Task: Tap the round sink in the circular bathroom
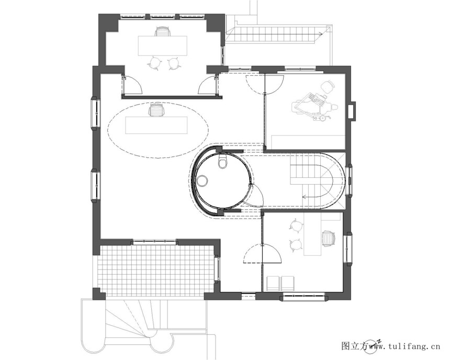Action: (203, 181)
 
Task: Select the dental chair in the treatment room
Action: (314, 105)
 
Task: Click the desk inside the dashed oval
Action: (156, 125)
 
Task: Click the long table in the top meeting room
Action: (162, 46)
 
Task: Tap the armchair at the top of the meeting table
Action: (162, 31)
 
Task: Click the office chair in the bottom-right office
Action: (329, 239)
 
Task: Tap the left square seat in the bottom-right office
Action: (273, 283)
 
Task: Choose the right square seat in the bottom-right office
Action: (288, 283)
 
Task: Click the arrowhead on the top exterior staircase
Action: (321, 34)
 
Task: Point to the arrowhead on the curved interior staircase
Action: (305, 197)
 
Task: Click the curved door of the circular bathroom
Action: (256, 194)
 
